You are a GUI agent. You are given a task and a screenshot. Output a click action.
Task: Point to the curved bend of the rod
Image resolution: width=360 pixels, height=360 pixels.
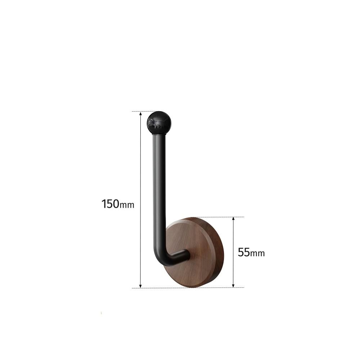pos(161,258)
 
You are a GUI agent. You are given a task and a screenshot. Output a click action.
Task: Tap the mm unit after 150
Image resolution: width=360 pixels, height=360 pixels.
pos(127,206)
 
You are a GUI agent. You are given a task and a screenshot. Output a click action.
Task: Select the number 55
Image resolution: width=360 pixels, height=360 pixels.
pos(244,252)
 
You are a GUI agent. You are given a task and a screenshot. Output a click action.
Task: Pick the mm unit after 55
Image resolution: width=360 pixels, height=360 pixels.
pos(257,254)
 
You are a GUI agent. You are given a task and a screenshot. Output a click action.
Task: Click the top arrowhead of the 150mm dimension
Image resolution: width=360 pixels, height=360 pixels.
pos(140,114)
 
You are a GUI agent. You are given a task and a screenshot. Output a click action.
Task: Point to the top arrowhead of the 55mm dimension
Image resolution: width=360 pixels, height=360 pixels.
pos(234,219)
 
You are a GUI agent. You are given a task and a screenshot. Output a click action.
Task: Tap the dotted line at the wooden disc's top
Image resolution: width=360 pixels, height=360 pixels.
pos(216,217)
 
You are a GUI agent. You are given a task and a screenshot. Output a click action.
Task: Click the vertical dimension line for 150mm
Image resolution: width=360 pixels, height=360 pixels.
pos(140,162)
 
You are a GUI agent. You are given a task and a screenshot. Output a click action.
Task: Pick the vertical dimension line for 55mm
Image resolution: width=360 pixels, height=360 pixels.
pos(234,234)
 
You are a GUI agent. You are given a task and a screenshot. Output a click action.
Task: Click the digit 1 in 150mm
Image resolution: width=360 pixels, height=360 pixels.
pos(104,204)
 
